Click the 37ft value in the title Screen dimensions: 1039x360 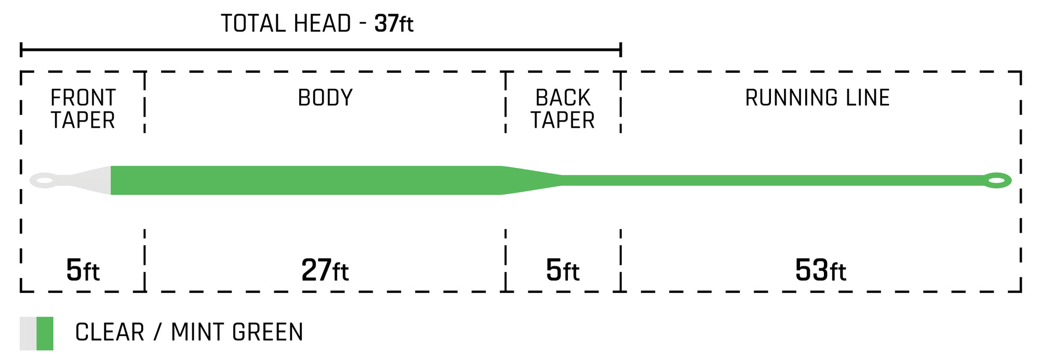(394, 23)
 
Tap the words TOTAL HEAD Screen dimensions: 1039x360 (286, 23)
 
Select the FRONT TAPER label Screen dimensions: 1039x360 (83, 109)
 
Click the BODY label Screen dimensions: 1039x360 (325, 98)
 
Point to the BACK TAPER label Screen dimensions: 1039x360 (563, 109)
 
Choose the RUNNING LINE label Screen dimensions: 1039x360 (817, 98)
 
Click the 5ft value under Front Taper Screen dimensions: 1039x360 (83, 270)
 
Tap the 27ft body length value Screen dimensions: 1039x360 (325, 270)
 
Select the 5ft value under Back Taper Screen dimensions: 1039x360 (563, 270)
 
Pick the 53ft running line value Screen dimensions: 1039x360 (821, 270)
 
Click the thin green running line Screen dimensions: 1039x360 (774, 180)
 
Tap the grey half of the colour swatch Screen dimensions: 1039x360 (28, 334)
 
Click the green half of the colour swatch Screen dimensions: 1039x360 (45, 334)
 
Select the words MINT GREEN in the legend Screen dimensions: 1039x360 (237, 332)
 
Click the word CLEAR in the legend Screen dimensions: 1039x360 (110, 332)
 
